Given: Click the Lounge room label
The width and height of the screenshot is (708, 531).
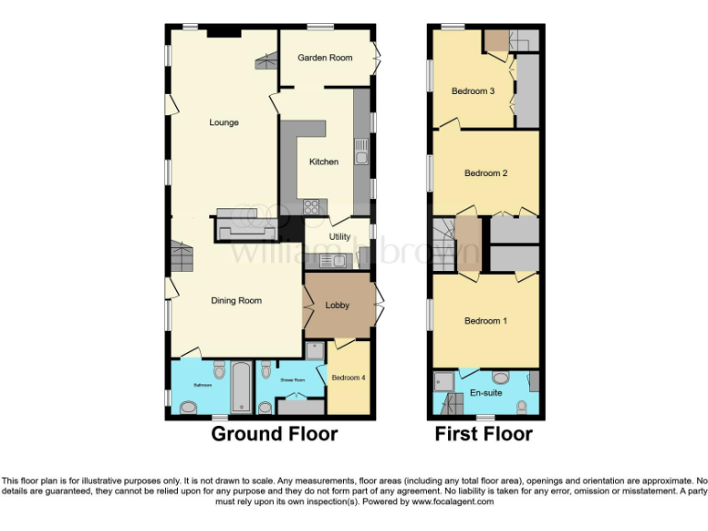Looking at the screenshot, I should click(224, 123).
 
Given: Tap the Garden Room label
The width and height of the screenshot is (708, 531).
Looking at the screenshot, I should click(324, 58).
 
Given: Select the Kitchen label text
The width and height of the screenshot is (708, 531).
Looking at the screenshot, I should click(324, 162).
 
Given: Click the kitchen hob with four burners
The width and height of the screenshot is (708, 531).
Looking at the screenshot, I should click(312, 206).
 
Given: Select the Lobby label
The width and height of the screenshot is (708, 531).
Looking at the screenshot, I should click(337, 305).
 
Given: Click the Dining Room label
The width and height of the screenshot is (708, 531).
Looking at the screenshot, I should click(237, 301).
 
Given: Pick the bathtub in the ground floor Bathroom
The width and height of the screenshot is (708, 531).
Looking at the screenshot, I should click(240, 388).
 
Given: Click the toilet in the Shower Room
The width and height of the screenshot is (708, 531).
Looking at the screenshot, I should click(265, 372).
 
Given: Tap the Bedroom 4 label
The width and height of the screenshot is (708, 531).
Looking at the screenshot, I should click(348, 378).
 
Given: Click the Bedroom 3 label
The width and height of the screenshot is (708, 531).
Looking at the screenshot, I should click(473, 91).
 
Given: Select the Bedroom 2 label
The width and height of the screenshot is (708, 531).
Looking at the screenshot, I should click(486, 173).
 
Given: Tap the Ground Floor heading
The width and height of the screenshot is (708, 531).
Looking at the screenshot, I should click(275, 433).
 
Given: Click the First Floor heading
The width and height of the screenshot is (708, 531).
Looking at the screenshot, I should click(484, 433).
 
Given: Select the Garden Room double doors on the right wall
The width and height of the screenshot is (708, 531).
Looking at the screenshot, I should click(374, 57).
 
